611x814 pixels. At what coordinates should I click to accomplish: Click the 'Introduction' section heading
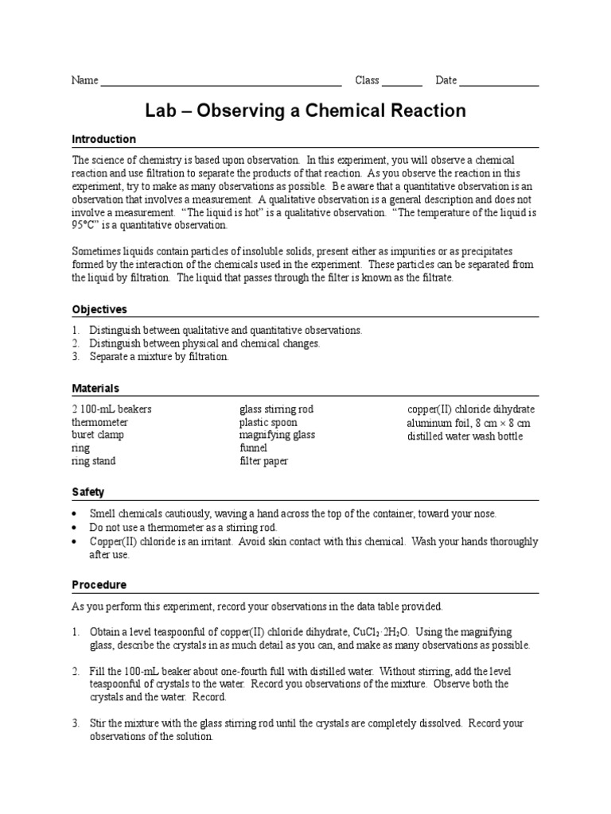104,140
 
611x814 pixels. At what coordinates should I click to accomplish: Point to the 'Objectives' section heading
99,309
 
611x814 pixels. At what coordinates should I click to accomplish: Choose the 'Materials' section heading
95,389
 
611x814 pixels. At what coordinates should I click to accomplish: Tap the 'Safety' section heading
88,493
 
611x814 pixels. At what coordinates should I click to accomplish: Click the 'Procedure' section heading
99,585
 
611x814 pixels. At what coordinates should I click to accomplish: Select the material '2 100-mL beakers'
111,409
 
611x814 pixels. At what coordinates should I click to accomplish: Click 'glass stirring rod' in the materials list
277,409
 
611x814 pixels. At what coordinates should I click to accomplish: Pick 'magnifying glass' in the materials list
277,436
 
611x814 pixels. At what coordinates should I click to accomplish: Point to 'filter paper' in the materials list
263,461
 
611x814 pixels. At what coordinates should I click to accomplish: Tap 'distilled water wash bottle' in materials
465,436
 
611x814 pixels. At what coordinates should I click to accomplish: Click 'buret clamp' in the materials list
98,436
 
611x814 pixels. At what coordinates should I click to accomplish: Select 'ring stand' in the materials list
94,461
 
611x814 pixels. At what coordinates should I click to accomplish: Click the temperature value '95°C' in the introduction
86,226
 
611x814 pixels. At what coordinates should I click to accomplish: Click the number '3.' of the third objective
76,358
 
